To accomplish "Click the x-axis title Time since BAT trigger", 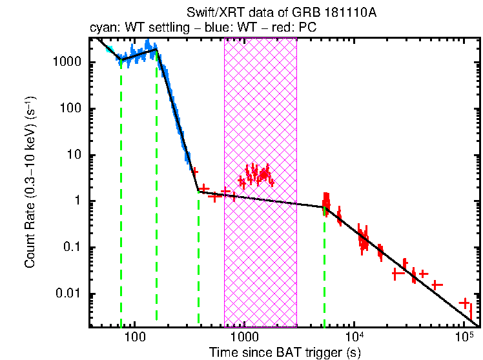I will (x=284, y=352).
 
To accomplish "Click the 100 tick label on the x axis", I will (x=134, y=337).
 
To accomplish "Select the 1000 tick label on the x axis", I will (x=244, y=337).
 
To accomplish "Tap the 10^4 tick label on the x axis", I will (x=355, y=337).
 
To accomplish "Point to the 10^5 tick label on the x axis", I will (x=464, y=337).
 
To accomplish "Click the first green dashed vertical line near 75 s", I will (x=121, y=194).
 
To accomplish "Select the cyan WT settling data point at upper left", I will (x=110, y=50).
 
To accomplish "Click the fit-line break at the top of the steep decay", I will (x=157, y=50).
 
